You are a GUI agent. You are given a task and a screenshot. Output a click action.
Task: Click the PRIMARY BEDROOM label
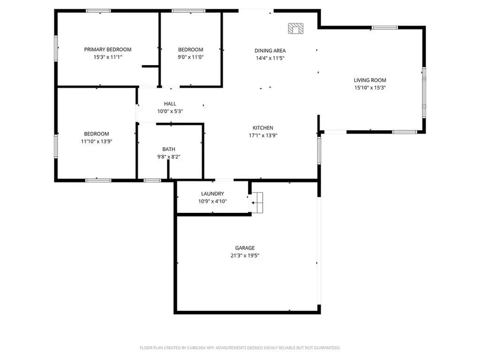[108, 50]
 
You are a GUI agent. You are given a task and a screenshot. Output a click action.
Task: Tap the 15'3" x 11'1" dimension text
[108, 57]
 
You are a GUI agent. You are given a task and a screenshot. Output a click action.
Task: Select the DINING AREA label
[270, 51]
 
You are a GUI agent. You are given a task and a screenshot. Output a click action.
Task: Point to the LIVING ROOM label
[370, 80]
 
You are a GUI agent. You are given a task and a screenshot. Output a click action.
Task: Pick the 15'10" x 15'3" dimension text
[370, 87]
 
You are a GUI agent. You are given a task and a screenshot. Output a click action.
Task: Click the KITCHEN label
[263, 128]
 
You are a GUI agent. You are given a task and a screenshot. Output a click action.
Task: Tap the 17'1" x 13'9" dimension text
[263, 135]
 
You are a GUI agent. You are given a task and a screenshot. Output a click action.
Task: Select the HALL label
[170, 104]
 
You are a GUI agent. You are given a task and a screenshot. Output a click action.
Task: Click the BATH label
[169, 149]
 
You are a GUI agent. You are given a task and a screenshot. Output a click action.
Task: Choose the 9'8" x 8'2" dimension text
[169, 157]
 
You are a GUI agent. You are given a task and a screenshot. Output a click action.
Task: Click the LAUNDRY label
[212, 194]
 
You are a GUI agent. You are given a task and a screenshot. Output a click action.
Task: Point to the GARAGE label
[245, 248]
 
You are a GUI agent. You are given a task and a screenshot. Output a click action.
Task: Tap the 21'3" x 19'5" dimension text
[245, 255]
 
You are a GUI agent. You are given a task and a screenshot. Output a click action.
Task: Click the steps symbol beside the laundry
[258, 203]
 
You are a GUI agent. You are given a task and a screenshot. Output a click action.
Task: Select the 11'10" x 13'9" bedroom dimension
[97, 141]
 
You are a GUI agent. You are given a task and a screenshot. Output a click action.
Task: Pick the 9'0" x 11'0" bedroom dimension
[190, 57]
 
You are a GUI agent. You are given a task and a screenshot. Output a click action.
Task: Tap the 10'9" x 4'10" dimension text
[212, 201]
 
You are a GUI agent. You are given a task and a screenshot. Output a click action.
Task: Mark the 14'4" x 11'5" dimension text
[270, 58]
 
